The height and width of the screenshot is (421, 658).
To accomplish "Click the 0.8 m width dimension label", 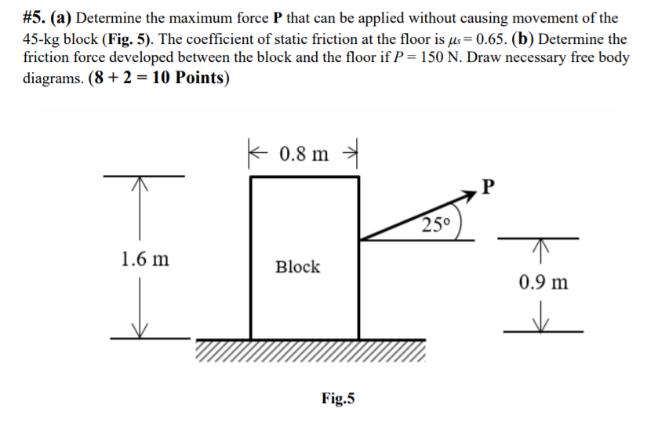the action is click(x=304, y=152).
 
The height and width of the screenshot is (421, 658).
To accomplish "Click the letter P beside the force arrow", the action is click(x=490, y=186).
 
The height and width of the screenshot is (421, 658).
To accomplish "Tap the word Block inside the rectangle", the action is click(x=297, y=267).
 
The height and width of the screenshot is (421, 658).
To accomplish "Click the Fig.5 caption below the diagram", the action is click(x=338, y=398).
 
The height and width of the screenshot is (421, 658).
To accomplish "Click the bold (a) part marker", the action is click(x=64, y=17).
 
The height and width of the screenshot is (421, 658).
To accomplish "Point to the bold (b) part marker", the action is click(x=524, y=38).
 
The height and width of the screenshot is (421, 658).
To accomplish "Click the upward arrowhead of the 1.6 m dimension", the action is click(x=140, y=182).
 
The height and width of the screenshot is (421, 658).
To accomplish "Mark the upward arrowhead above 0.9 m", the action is click(x=540, y=245).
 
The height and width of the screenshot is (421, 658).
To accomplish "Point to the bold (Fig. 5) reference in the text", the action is click(x=125, y=38).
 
